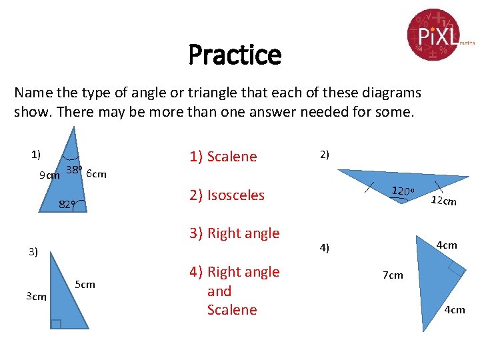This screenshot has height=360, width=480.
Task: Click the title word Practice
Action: point(235,55)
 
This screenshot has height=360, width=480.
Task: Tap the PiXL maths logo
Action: point(437,33)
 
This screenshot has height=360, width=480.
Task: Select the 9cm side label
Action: point(49,175)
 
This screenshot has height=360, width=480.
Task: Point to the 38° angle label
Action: point(73,170)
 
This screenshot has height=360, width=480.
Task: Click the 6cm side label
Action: point(97,174)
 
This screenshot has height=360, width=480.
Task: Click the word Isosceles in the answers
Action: point(236,195)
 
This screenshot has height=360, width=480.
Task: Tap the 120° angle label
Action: point(403,191)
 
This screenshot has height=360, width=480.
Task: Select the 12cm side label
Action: point(443,201)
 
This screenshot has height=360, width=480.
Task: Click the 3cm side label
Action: point(36,296)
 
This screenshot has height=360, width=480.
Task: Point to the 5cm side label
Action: point(85,285)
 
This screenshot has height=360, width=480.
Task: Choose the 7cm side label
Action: point(393,275)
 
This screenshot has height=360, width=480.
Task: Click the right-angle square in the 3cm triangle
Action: point(56,324)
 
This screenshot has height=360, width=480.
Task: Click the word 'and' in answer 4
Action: point(219,291)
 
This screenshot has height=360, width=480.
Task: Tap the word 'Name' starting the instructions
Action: point(32,93)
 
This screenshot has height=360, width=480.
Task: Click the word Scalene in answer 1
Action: point(232,157)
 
